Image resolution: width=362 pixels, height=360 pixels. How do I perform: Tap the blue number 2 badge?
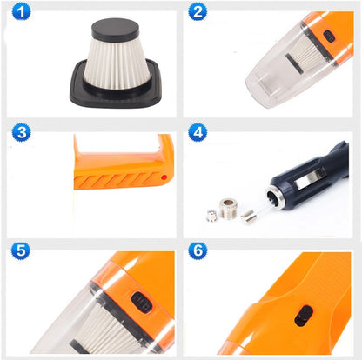pos(198,12)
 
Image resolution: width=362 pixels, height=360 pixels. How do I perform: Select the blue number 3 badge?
pos(21,132)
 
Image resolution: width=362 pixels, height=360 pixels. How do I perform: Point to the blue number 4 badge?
pos(198,132)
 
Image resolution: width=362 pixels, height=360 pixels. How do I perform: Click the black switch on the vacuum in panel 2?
pos(329,37)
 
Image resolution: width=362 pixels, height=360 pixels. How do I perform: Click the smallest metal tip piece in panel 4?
pos(211,216)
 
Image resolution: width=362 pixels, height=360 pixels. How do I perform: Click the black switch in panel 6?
pos(302,317)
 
